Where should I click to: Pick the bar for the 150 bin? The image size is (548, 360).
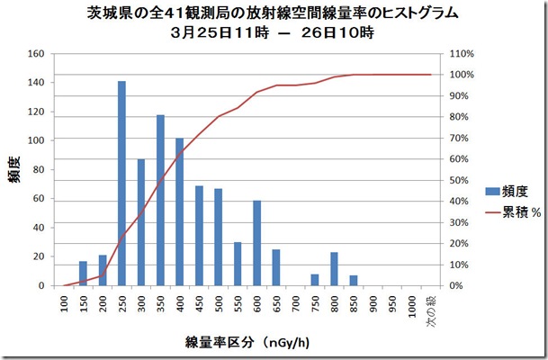point(83,274)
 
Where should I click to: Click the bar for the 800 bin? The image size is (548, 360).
point(334,269)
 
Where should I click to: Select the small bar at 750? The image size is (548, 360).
point(314,280)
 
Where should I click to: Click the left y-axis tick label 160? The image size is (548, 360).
point(36,53)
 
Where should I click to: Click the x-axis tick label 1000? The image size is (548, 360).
point(411,307)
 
